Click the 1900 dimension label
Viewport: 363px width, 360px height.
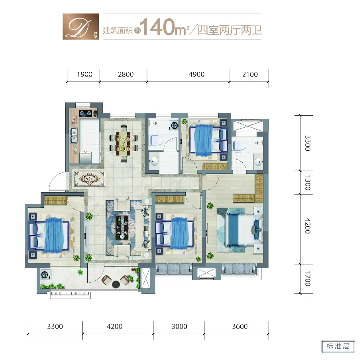tap(85, 75)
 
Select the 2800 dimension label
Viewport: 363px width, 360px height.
tap(126, 75)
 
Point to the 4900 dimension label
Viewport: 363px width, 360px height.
tap(196, 75)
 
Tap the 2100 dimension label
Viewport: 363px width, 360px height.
tap(250, 75)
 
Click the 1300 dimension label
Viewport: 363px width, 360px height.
tap(308, 183)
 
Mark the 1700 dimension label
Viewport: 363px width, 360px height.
tap(308, 279)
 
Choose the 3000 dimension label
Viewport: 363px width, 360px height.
tap(179, 327)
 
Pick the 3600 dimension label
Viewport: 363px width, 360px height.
tap(240, 327)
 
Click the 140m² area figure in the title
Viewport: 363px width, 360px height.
tap(165, 28)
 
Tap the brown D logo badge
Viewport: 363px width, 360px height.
tap(80, 26)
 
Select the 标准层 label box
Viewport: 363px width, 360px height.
tap(338, 346)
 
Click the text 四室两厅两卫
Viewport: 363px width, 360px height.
tap(230, 30)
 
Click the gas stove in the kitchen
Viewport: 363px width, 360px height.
tap(86, 113)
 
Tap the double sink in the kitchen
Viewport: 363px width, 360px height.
tap(74, 135)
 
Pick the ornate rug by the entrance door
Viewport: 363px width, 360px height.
tap(90, 179)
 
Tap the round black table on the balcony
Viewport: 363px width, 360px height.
tap(116, 284)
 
